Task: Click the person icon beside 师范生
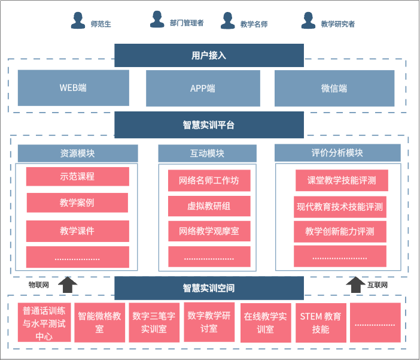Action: pyautogui.click(x=78, y=20)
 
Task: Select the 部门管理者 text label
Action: pyautogui.click(x=187, y=23)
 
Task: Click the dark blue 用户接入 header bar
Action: pyautogui.click(x=209, y=56)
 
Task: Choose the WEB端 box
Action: pyautogui.click(x=73, y=88)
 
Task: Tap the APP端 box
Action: pyautogui.click(x=202, y=88)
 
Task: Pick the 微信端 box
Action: pyautogui.click(x=334, y=88)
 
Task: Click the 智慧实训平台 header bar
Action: pyautogui.click(x=209, y=125)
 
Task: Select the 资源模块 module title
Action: pyautogui.click(x=77, y=153)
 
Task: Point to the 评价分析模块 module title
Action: pyautogui.click(x=337, y=153)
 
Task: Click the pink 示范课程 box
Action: pyautogui.click(x=77, y=177)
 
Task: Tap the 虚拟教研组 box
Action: pyautogui.click(x=208, y=205)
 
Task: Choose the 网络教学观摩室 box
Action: pyautogui.click(x=208, y=231)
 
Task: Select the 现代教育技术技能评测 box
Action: pyautogui.click(x=340, y=207)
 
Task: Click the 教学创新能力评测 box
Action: pyautogui.click(x=340, y=231)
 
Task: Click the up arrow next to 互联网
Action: pyautogui.click(x=356, y=284)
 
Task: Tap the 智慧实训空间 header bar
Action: pyautogui.click(x=209, y=288)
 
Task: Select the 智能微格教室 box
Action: pyautogui.click(x=99, y=322)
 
